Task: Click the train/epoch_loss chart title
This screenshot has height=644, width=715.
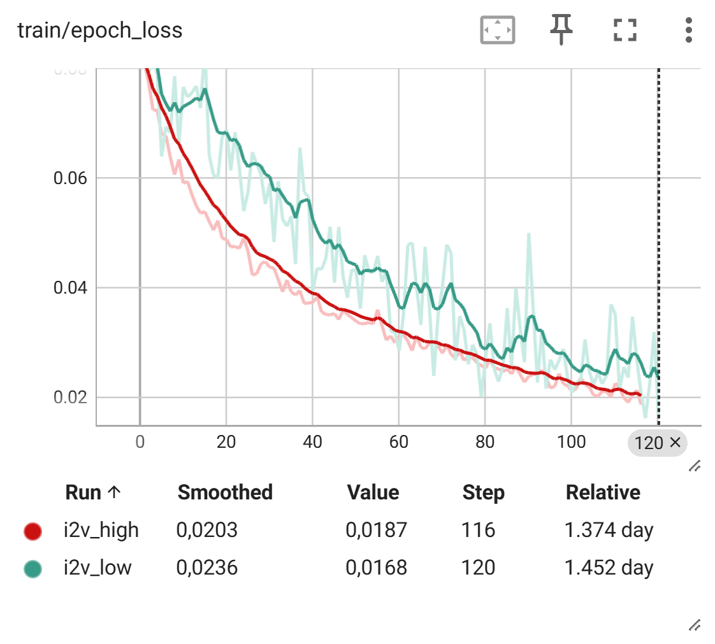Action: pyautogui.click(x=100, y=30)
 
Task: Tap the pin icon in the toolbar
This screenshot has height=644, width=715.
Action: pyautogui.click(x=561, y=29)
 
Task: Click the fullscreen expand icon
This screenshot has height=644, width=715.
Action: pyautogui.click(x=625, y=30)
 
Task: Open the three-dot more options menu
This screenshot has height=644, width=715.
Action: pyautogui.click(x=688, y=30)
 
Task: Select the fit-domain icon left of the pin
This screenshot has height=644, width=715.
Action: pyautogui.click(x=497, y=30)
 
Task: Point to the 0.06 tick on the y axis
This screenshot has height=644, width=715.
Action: pyautogui.click(x=70, y=178)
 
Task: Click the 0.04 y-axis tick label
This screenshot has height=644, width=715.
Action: pyautogui.click(x=70, y=288)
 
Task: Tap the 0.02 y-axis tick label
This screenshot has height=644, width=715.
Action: pyautogui.click(x=70, y=397)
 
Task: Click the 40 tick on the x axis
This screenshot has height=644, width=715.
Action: pyautogui.click(x=312, y=442)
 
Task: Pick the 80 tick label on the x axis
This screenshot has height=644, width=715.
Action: pyautogui.click(x=485, y=442)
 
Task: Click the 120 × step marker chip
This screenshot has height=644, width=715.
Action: pyautogui.click(x=657, y=443)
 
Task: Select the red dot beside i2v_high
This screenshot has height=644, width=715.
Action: pyautogui.click(x=32, y=531)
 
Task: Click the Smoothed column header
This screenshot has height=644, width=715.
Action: pyautogui.click(x=225, y=492)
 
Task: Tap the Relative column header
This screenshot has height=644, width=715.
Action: pyautogui.click(x=603, y=492)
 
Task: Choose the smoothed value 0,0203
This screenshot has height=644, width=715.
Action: pyautogui.click(x=207, y=530)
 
